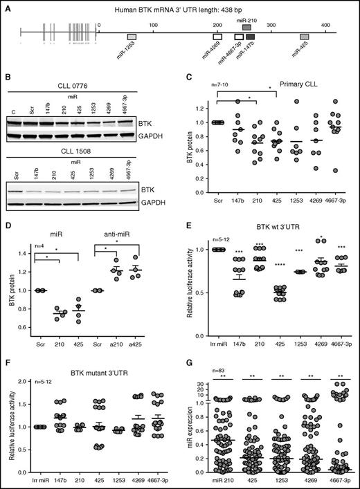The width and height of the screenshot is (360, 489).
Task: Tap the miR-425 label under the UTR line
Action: [x=302, y=51]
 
